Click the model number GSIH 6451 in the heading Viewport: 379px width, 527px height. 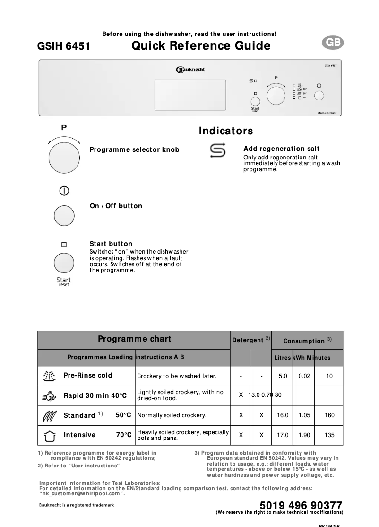point(63,46)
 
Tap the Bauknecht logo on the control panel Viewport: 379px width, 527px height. point(190,70)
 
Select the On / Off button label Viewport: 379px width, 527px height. point(116,206)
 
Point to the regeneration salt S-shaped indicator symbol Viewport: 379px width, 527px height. point(217,151)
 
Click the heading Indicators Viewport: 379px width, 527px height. point(226,131)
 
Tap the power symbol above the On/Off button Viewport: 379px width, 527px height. point(64,191)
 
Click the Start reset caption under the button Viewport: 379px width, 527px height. point(64,281)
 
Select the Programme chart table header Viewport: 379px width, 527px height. point(134,339)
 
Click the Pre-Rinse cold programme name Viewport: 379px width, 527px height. point(88,375)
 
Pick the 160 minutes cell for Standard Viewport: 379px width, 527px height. point(329,415)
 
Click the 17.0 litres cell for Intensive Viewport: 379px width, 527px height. point(283,435)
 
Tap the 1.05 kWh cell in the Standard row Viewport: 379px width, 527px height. point(304,415)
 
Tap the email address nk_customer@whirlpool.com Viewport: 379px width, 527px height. point(82,493)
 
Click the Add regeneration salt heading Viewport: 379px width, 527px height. point(281,149)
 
